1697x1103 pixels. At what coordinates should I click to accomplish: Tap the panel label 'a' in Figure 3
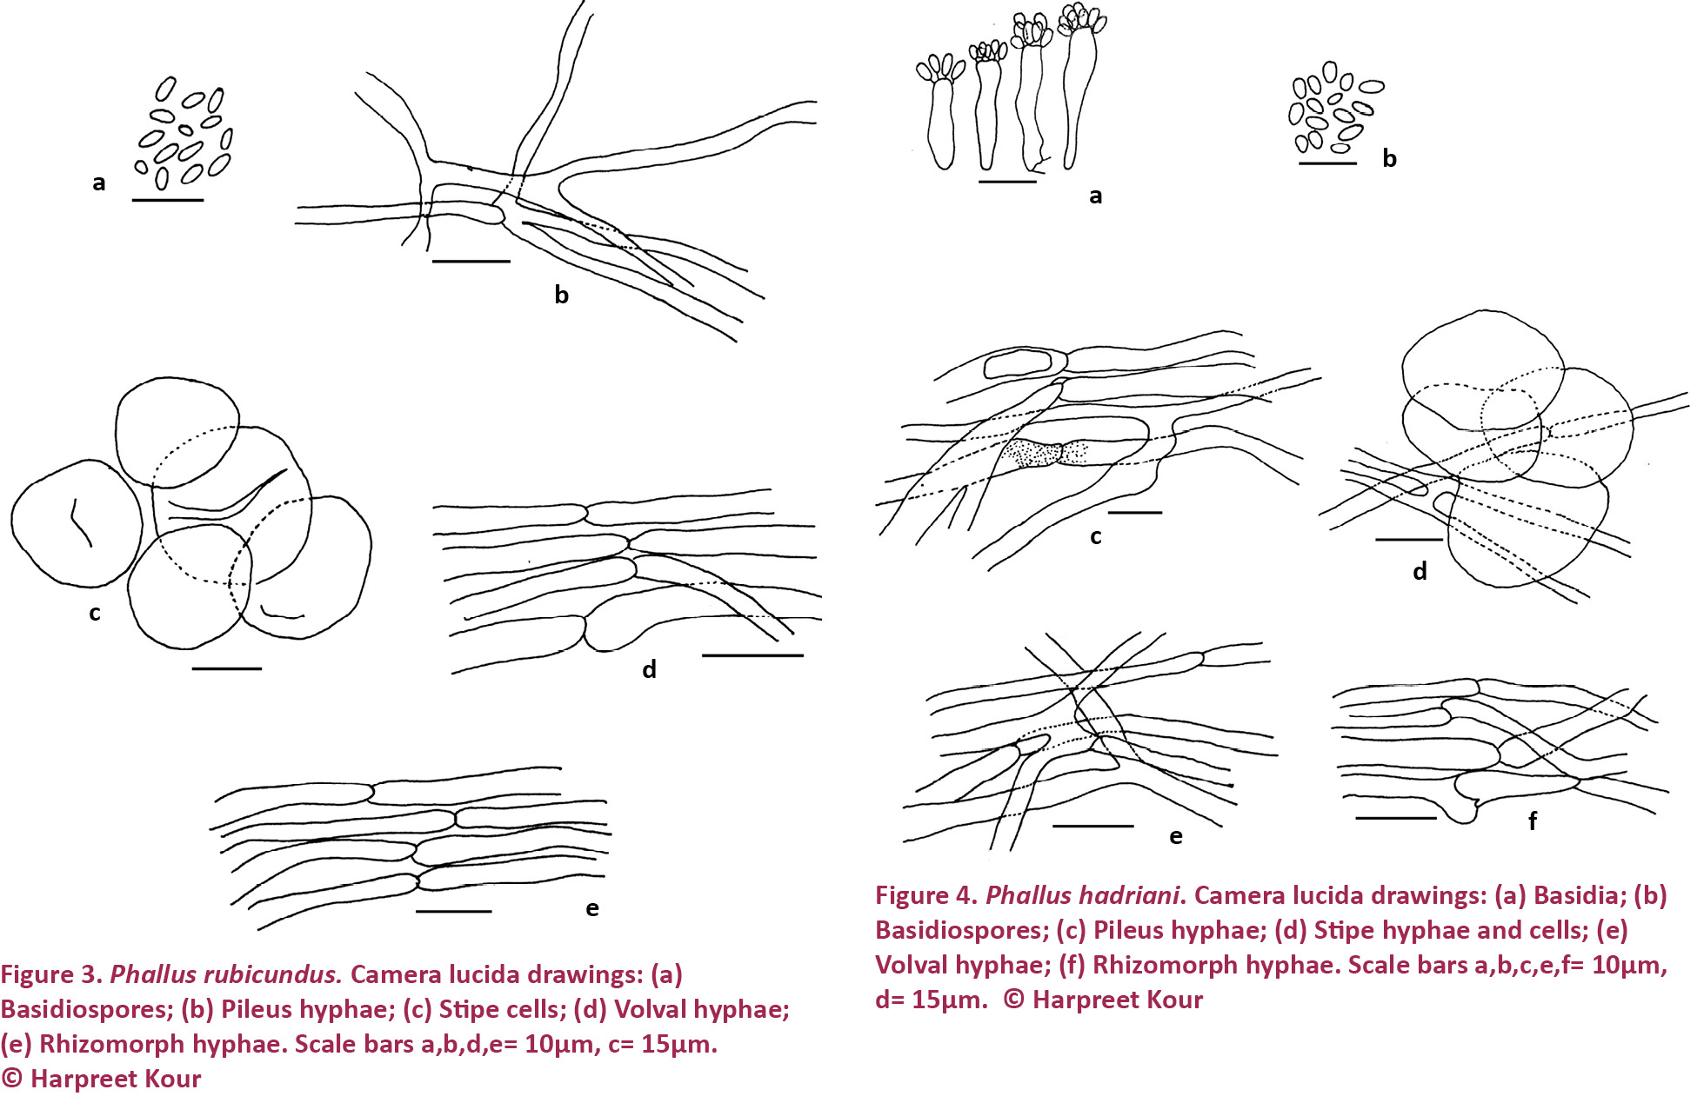99,183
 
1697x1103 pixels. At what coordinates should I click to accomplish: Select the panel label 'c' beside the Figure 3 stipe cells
95,613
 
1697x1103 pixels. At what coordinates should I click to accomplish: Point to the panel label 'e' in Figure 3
592,908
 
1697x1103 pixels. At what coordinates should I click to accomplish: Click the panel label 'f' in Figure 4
1533,820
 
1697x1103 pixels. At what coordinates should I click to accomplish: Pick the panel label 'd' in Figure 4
1420,571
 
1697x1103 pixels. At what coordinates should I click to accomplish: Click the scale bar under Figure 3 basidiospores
168,200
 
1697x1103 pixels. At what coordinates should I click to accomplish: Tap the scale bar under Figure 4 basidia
1007,182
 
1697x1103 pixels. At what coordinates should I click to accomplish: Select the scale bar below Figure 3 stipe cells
226,668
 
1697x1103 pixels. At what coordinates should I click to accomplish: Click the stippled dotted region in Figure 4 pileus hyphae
1044,453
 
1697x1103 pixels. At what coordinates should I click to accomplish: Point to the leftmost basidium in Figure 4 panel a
940,113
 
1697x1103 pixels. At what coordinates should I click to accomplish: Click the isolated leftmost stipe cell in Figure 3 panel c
76,523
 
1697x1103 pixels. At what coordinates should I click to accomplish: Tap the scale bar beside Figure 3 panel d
752,654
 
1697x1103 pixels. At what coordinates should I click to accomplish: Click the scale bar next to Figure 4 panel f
1396,818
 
